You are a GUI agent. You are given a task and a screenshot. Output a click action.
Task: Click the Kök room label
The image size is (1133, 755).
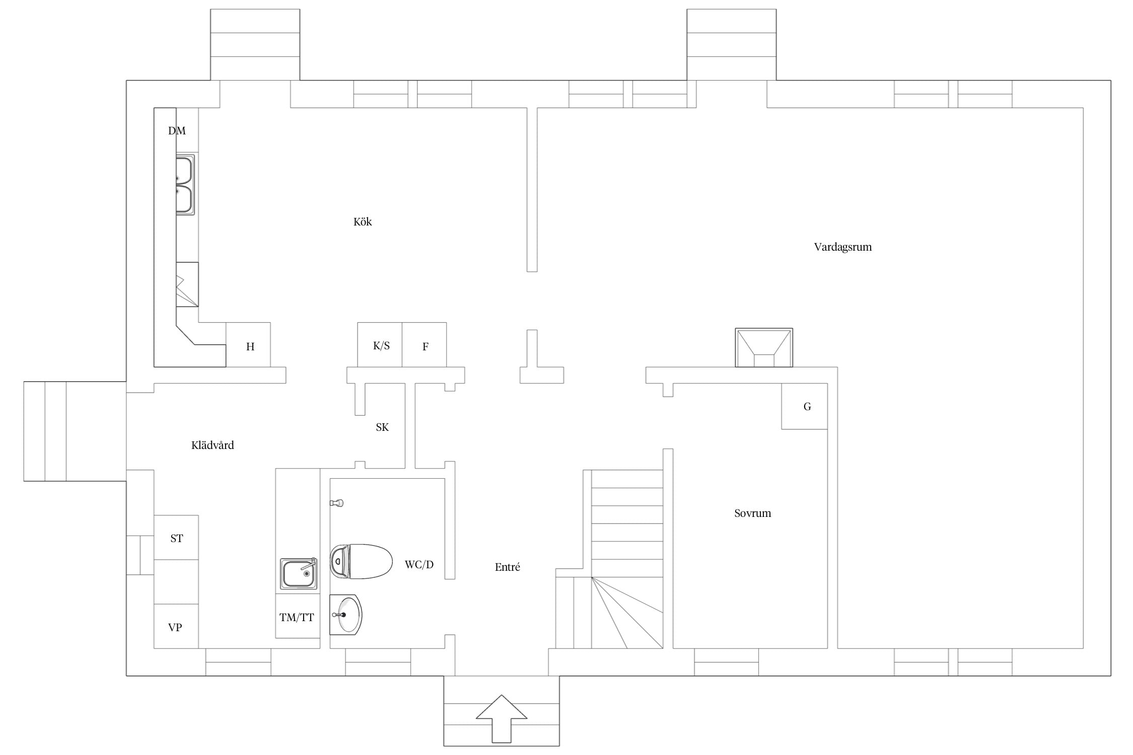click(x=363, y=222)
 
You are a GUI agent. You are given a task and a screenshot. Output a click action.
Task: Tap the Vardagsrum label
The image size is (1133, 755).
click(x=842, y=247)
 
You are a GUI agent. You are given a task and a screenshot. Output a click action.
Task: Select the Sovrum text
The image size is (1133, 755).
click(x=752, y=513)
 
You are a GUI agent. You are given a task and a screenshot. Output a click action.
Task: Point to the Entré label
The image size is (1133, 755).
click(x=507, y=567)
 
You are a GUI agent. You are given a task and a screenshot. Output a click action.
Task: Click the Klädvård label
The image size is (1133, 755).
click(x=213, y=445)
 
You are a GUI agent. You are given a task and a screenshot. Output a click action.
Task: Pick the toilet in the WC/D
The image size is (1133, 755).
click(x=361, y=561)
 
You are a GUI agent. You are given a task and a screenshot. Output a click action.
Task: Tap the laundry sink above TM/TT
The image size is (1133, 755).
click(x=299, y=573)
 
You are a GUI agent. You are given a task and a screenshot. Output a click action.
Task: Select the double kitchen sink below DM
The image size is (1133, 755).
click(x=185, y=185)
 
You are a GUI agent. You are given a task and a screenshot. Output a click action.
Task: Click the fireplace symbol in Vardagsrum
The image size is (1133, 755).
click(x=764, y=348)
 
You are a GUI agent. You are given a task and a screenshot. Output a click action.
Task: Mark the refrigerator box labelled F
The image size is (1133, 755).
click(x=424, y=345)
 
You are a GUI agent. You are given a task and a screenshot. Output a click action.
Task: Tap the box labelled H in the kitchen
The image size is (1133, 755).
click(x=248, y=345)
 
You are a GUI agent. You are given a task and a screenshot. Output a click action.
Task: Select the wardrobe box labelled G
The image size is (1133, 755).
click(x=804, y=406)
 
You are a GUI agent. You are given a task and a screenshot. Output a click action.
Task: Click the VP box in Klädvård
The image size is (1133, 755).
click(x=176, y=626)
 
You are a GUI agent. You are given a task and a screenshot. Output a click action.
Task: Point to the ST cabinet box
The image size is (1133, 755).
click(x=176, y=538)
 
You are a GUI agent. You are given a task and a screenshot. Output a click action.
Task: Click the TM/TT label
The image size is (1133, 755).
click(x=297, y=618)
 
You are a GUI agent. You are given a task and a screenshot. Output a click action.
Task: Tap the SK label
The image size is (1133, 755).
click(x=382, y=427)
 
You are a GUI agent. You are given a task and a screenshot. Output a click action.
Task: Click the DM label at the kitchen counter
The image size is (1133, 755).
click(x=177, y=131)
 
